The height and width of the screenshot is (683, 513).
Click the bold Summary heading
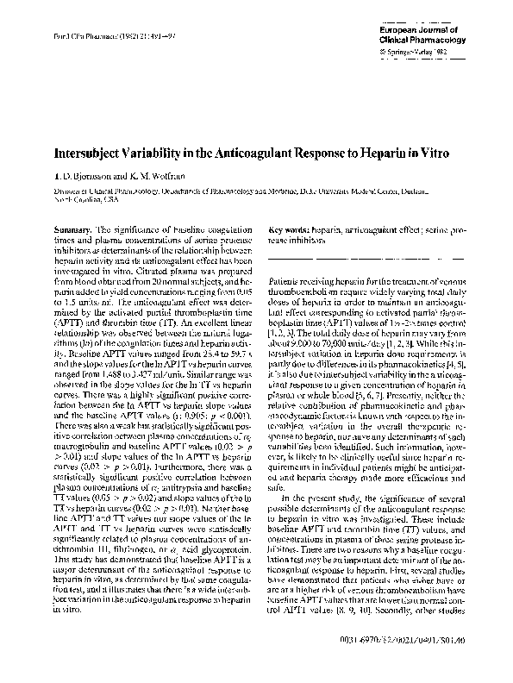[72, 230]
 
